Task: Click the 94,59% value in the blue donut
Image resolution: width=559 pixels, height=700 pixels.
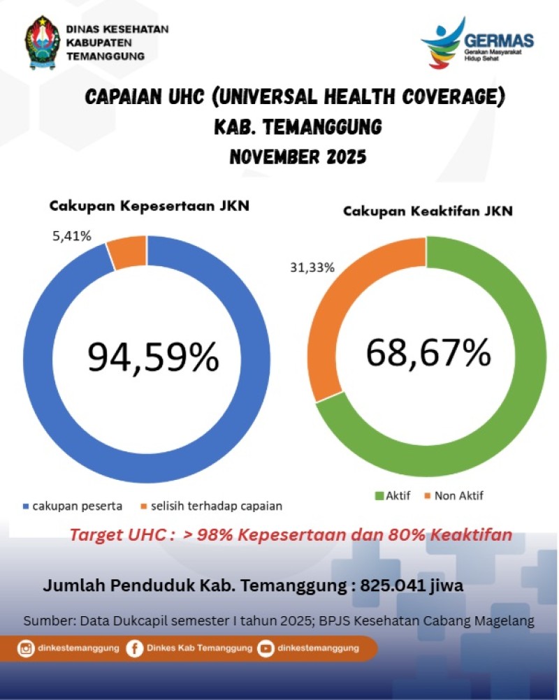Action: [153, 357]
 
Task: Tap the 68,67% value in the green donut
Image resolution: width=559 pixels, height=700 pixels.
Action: [428, 353]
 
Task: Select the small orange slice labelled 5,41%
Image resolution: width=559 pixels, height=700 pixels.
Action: [127, 251]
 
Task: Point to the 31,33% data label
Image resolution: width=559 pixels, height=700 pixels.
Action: [311, 268]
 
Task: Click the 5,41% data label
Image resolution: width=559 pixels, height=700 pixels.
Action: [71, 236]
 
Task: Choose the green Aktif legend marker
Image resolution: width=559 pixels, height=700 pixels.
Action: [380, 496]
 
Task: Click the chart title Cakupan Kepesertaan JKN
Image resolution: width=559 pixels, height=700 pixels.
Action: [149, 206]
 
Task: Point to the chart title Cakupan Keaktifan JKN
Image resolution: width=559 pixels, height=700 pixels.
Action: [428, 210]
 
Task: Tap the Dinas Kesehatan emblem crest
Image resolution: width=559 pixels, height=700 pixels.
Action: [42, 43]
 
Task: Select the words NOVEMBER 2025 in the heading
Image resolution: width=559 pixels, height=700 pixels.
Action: [298, 156]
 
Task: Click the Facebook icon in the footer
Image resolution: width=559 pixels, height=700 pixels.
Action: [135, 648]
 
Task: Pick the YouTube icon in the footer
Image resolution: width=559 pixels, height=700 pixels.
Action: [266, 648]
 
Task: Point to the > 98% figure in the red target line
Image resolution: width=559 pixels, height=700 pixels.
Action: [208, 536]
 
